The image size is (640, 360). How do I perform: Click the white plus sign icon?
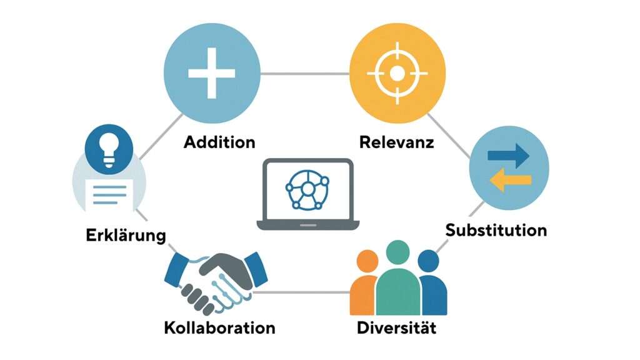(211, 74)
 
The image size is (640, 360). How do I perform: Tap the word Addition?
(219, 142)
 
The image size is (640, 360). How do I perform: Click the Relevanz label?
(397, 142)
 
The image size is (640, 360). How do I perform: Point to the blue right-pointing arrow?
(507, 156)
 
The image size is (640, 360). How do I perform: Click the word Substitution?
(496, 230)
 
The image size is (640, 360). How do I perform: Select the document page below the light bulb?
(111, 193)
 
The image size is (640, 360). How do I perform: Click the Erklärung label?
(126, 235)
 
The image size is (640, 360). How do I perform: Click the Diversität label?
(396, 327)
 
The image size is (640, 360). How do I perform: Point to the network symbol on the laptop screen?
(306, 188)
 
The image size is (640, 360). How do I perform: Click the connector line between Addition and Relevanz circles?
(304, 74)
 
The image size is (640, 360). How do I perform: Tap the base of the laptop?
(306, 225)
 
